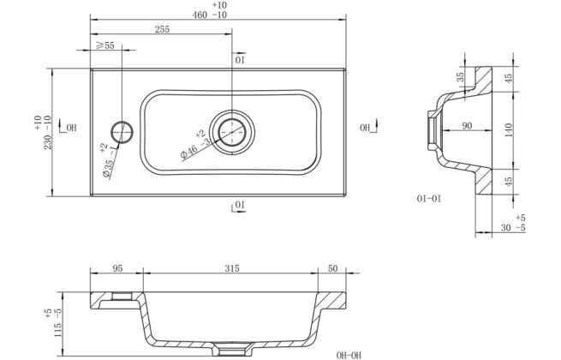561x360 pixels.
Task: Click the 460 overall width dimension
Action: (x=200, y=15)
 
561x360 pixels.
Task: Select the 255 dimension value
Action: (x=162, y=29)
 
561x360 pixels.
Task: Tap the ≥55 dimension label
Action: (x=105, y=45)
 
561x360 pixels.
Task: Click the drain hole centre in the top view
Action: (x=232, y=132)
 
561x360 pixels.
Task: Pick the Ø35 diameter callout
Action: (x=108, y=168)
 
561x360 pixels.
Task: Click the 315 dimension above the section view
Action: (x=232, y=268)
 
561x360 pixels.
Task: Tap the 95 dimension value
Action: (x=117, y=268)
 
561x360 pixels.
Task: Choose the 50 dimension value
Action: (x=332, y=268)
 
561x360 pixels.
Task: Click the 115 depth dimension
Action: (x=58, y=332)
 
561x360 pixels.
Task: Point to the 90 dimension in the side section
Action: (x=467, y=126)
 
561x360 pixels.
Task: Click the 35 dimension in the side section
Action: (x=461, y=77)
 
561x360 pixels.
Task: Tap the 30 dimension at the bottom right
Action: (x=505, y=227)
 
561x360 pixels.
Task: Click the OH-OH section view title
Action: (x=349, y=356)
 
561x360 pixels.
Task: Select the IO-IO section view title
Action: (x=429, y=199)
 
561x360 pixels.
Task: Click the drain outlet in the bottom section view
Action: (x=232, y=349)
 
